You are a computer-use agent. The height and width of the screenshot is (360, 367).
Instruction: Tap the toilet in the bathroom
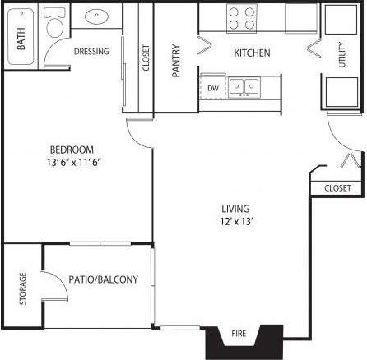[x=56, y=24]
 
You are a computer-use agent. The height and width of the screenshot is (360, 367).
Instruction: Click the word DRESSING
[x=91, y=52]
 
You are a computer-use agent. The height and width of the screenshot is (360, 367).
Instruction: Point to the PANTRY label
[x=176, y=61]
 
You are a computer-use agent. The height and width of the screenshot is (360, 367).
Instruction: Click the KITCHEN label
[x=252, y=53]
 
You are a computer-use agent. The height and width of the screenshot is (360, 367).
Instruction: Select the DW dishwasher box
[x=212, y=87]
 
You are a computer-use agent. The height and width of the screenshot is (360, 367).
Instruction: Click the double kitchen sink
[x=244, y=85]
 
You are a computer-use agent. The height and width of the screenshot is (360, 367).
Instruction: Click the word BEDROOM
[x=72, y=150]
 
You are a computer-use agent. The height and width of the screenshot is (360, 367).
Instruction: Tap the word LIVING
[x=235, y=209]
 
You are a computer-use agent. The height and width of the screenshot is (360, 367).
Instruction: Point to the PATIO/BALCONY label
[x=103, y=279]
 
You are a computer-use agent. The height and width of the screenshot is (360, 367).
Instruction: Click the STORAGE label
[x=22, y=288]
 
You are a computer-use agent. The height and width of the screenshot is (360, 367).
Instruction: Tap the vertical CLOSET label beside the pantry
[x=146, y=58]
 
